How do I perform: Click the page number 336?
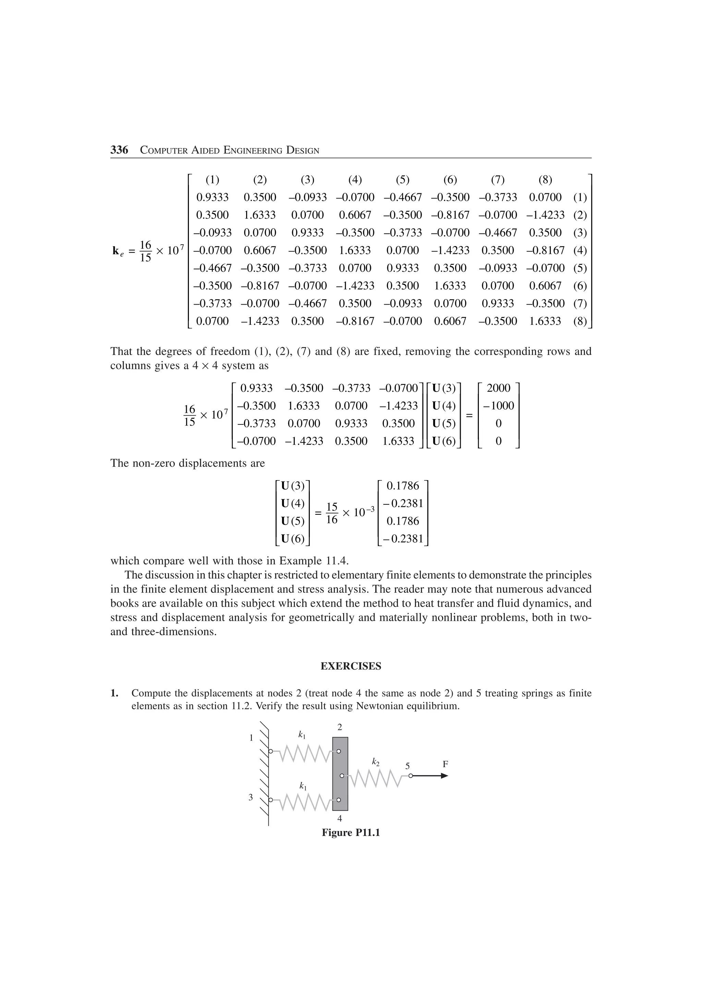click(x=119, y=150)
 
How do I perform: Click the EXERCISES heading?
click(x=351, y=666)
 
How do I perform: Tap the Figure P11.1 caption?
click(x=351, y=833)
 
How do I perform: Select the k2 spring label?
click(x=375, y=762)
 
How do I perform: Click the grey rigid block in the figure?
click(x=340, y=774)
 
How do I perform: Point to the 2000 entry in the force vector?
click(x=498, y=388)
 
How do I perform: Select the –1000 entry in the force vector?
click(x=498, y=406)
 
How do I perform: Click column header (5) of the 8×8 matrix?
click(x=402, y=180)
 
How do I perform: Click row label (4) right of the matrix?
click(x=580, y=250)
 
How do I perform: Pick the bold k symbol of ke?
click(x=116, y=250)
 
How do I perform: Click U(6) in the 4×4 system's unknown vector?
click(x=444, y=441)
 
